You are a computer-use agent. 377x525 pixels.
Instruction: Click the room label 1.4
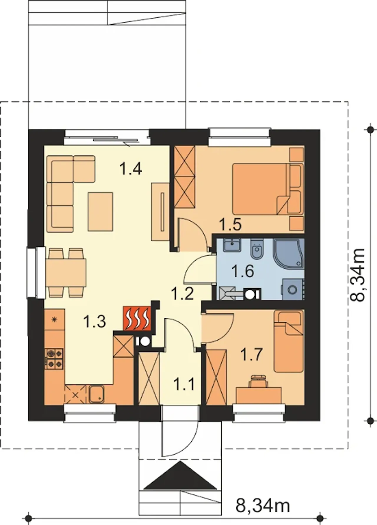(131, 169)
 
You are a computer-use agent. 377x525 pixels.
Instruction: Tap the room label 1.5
(230, 225)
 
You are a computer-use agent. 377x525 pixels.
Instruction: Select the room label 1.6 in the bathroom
(243, 271)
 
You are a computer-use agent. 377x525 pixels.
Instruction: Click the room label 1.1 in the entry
(184, 384)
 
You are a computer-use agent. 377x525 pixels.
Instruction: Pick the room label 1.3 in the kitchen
(95, 321)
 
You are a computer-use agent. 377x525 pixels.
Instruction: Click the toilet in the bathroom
(256, 250)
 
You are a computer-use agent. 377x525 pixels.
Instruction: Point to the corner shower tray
(288, 254)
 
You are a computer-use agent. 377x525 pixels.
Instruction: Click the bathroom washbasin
(232, 245)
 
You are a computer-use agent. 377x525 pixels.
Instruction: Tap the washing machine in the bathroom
(292, 289)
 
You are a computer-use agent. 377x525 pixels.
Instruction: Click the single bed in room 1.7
(288, 341)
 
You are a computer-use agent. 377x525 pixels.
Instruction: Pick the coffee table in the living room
(100, 211)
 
